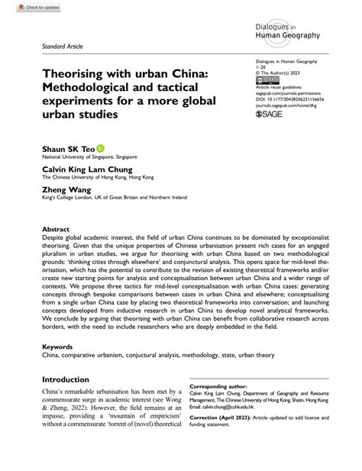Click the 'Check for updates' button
(x=23, y=7)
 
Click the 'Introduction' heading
(x=70, y=401)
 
